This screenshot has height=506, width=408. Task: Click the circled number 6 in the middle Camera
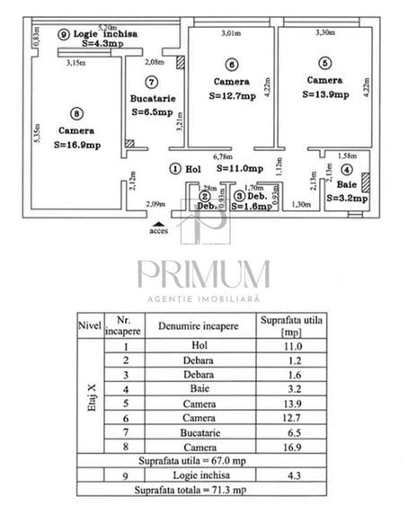coord(232,65)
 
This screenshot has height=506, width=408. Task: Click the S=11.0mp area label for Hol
coord(238,168)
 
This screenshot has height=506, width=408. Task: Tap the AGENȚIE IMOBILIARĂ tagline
coord(203,297)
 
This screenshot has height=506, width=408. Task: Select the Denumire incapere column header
coord(199,325)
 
